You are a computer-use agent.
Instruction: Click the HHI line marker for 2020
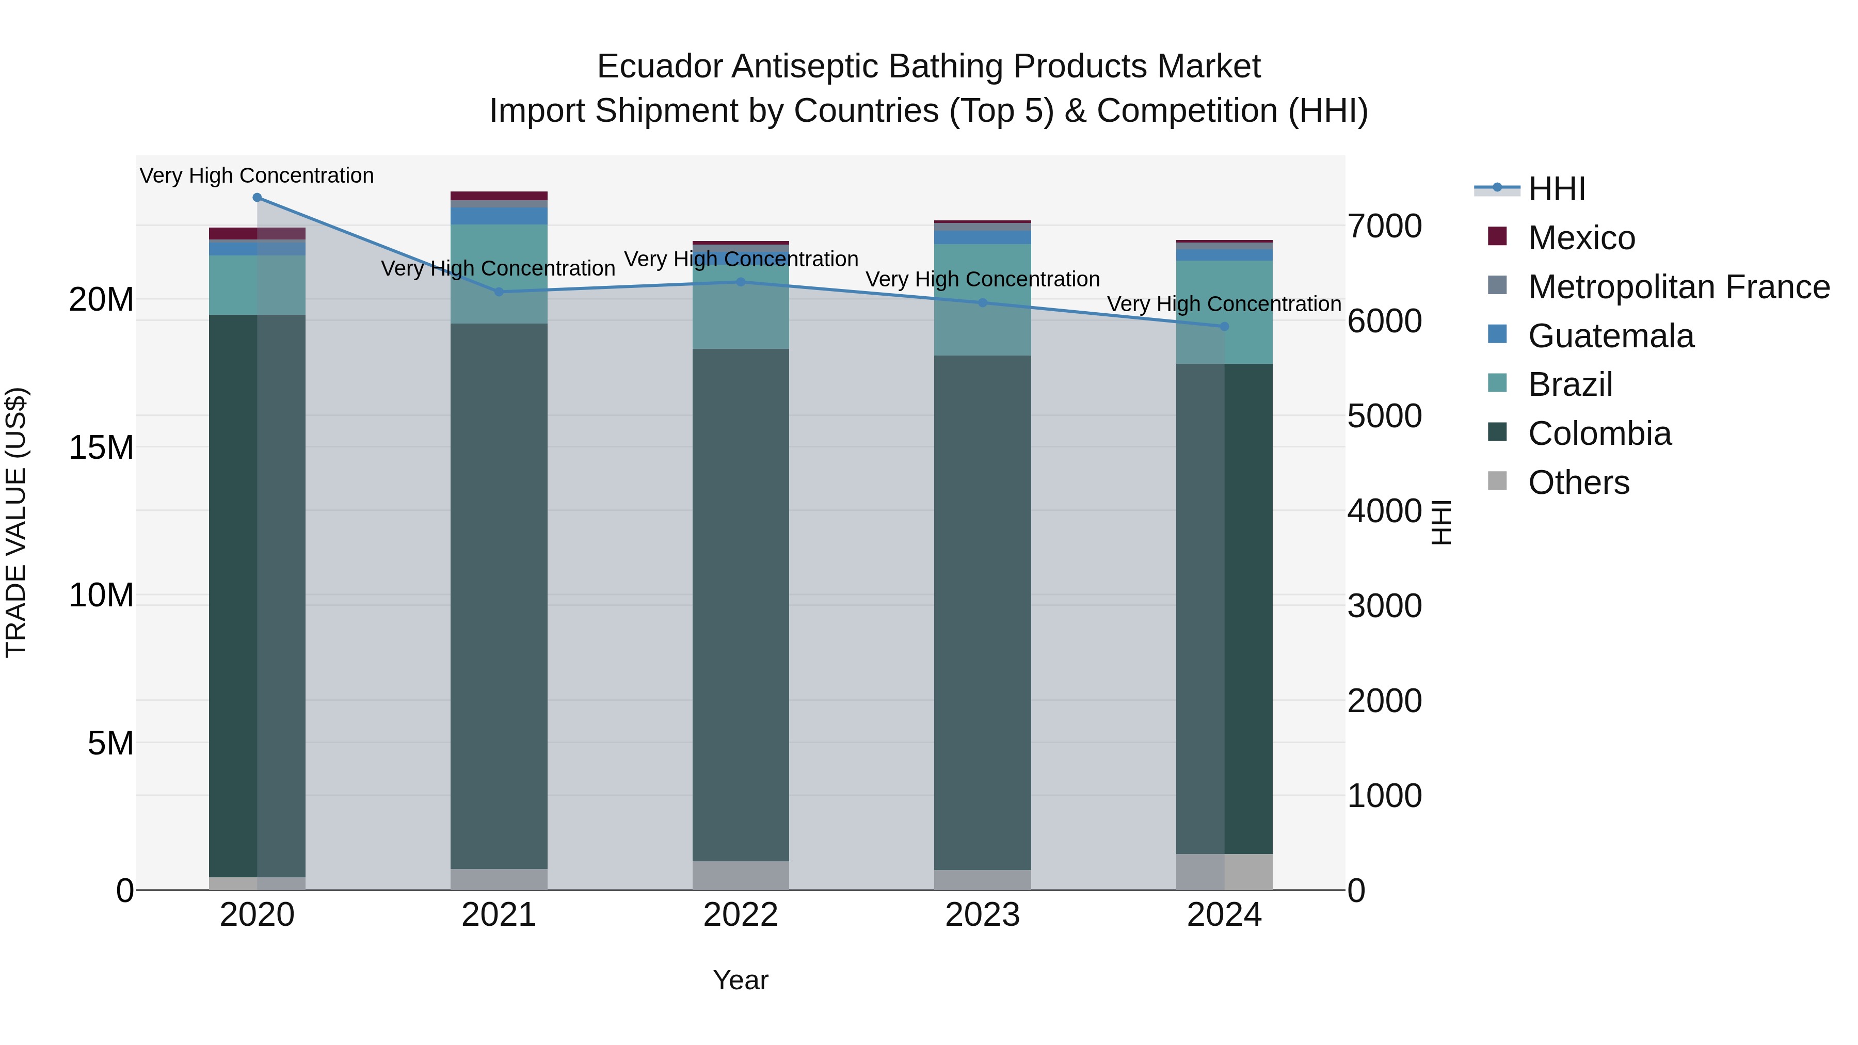[x=257, y=198]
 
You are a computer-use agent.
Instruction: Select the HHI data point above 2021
[x=499, y=292]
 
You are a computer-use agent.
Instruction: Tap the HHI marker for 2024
[x=1224, y=327]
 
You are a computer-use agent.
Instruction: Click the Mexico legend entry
[x=1581, y=238]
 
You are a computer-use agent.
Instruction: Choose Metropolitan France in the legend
[x=1678, y=287]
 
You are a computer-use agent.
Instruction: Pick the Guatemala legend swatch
[x=1497, y=334]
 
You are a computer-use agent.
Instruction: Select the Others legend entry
[x=1578, y=483]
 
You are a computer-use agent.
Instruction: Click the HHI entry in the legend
[x=1557, y=189]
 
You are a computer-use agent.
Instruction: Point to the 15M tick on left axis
[x=101, y=448]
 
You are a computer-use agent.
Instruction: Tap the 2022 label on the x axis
[x=740, y=915]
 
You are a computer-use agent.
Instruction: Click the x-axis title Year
[x=740, y=980]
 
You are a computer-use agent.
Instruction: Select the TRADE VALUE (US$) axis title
[x=16, y=522]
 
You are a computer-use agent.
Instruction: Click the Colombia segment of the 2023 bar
[x=982, y=613]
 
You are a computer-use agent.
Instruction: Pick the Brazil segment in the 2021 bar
[x=499, y=274]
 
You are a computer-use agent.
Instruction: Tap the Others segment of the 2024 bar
[x=1224, y=872]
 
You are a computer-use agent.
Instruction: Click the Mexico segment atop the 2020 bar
[x=257, y=234]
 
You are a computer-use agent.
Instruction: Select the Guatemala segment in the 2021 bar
[x=499, y=216]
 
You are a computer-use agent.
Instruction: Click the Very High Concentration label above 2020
[x=257, y=176]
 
